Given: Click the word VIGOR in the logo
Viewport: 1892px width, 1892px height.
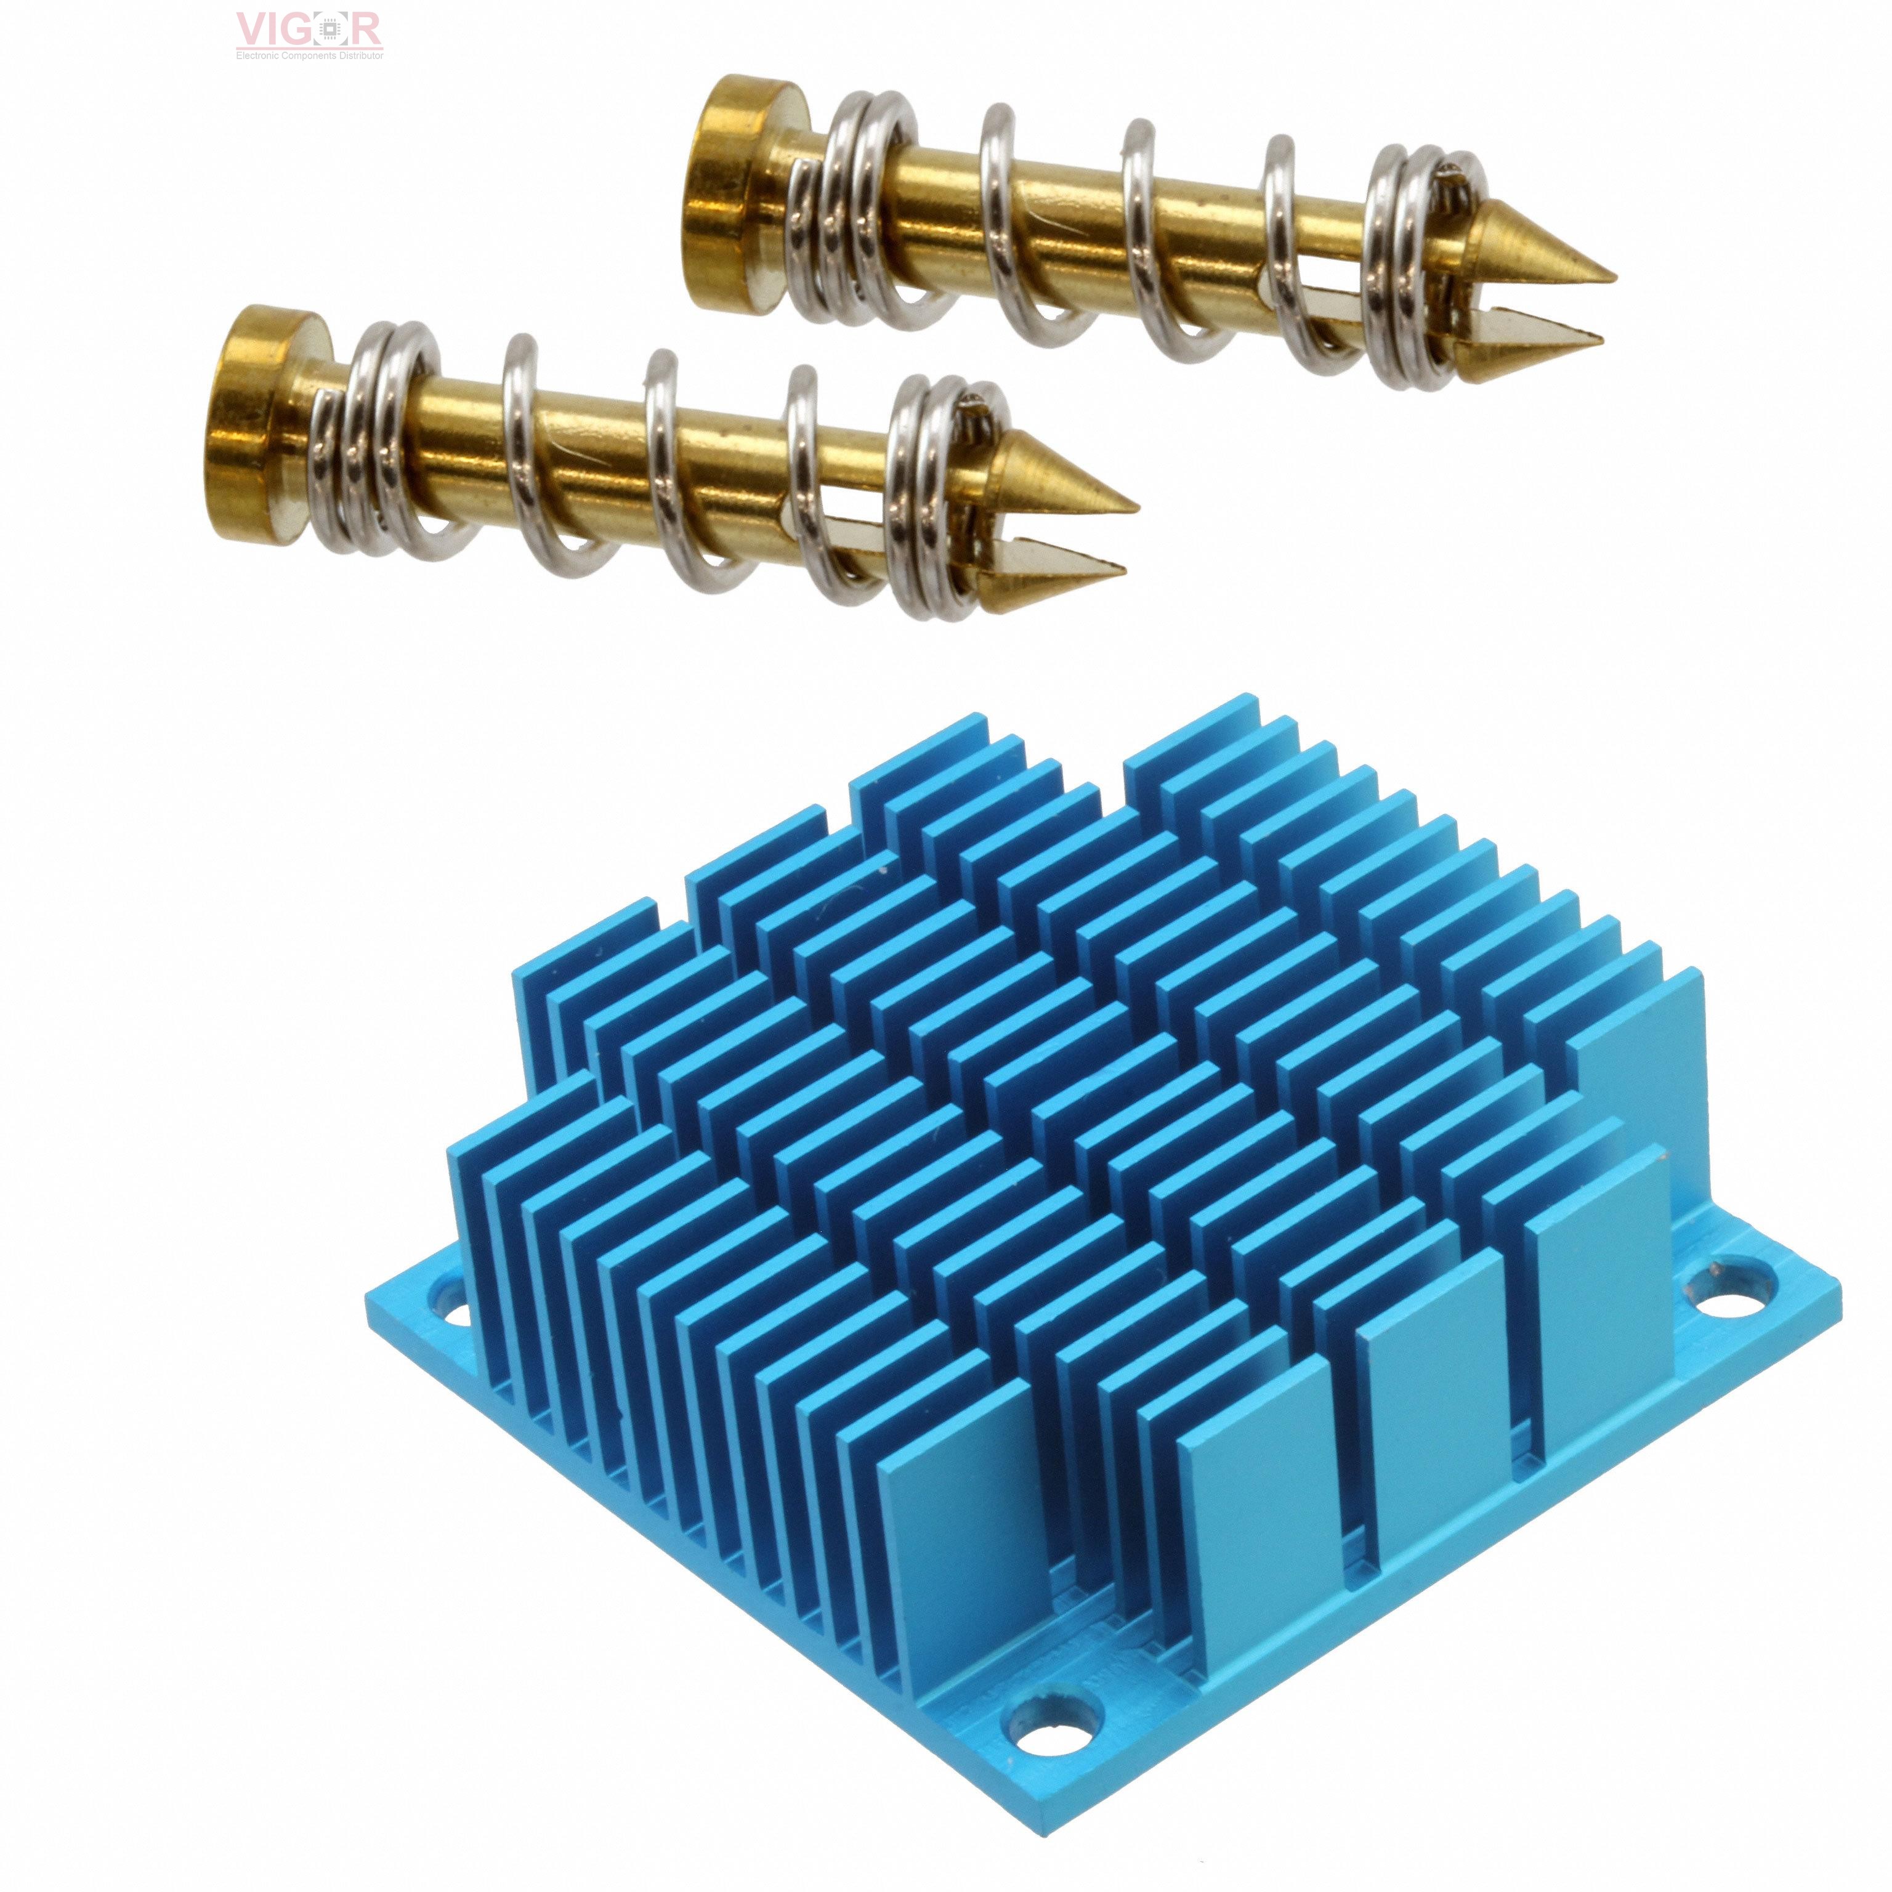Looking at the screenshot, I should tap(309, 30).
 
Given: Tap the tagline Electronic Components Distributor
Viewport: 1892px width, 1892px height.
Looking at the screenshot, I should tap(309, 56).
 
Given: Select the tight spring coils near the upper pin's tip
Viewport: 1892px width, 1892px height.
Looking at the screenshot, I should tap(1410, 264).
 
